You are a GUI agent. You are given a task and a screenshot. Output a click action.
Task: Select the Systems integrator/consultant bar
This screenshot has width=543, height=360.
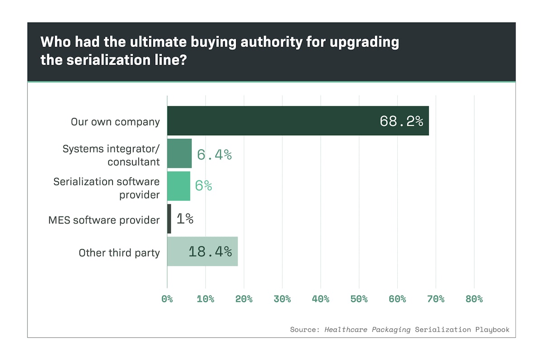click(180, 154)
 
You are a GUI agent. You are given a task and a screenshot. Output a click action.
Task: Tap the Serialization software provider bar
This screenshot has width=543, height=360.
click(179, 186)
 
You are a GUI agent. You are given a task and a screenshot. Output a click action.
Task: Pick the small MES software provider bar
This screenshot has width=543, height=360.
click(169, 219)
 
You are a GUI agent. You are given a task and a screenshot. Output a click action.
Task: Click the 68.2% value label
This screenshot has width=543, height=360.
click(401, 121)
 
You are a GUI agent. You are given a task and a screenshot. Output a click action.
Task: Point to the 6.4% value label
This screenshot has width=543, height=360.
click(214, 155)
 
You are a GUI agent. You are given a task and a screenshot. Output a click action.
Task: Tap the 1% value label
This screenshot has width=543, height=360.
click(185, 219)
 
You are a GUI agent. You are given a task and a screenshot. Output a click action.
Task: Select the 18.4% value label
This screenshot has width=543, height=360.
click(210, 251)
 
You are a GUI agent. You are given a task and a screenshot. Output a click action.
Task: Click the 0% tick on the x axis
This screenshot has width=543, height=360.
click(167, 299)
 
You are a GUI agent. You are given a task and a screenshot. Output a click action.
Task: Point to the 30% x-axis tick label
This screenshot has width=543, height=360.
click(282, 299)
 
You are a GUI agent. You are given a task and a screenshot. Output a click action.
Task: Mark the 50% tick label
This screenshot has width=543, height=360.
click(359, 299)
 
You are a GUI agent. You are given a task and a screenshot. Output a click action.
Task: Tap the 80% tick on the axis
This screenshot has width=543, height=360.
click(474, 299)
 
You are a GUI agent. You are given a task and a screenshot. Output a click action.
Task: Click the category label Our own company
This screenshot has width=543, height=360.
click(115, 122)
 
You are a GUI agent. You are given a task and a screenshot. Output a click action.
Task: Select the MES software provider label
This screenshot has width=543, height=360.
click(104, 220)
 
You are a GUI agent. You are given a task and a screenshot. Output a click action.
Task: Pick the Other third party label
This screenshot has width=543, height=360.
click(119, 252)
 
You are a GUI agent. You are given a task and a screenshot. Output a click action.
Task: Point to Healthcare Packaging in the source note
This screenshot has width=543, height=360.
click(367, 330)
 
